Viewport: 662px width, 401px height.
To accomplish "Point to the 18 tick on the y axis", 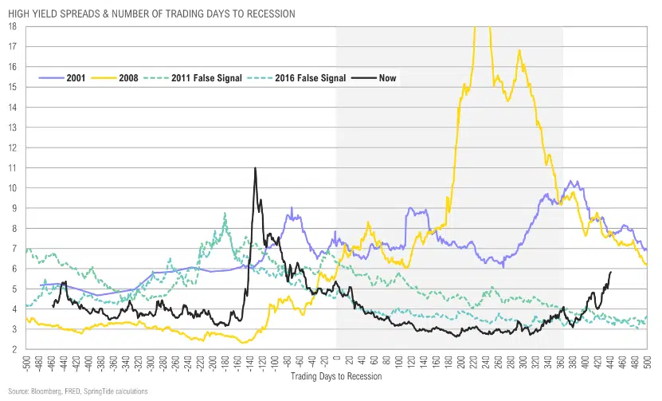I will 13,26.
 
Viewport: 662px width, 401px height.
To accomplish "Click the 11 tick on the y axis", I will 13,167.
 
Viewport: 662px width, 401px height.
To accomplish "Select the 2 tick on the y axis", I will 14,349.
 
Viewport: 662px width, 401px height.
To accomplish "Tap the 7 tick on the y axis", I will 14,248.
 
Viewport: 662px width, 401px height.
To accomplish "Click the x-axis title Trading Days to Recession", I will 336,375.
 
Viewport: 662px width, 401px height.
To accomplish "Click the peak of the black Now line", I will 255,168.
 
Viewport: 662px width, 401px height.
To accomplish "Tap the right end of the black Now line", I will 610,273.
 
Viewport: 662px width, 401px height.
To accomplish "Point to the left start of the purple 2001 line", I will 40,285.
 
